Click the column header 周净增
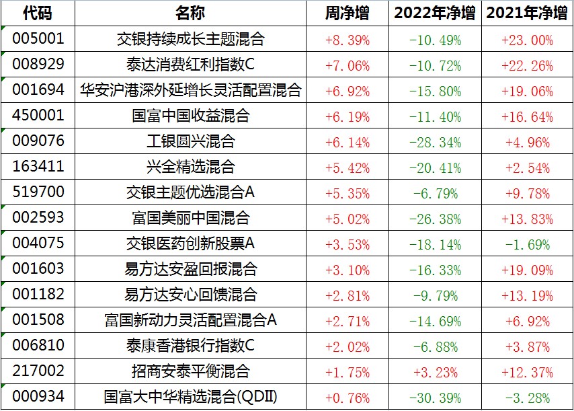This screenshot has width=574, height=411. point(347,13)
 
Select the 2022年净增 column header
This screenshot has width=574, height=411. point(435,13)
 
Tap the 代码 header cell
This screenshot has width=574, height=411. point(37,13)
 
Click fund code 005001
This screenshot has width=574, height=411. point(38,39)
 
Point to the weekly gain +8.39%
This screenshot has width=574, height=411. point(347,40)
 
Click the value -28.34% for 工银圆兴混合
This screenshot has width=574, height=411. point(435,142)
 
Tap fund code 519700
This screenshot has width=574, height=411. point(38,192)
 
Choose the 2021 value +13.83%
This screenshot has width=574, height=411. point(527,219)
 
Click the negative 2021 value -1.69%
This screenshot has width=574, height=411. point(527,244)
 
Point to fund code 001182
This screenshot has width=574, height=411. point(38,295)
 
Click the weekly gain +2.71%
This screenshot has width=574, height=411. point(347,321)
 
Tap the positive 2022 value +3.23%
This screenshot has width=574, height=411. point(435,372)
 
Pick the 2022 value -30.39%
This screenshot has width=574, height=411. point(435,398)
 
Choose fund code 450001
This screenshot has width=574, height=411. point(38,116)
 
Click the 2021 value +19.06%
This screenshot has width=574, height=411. point(527,91)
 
